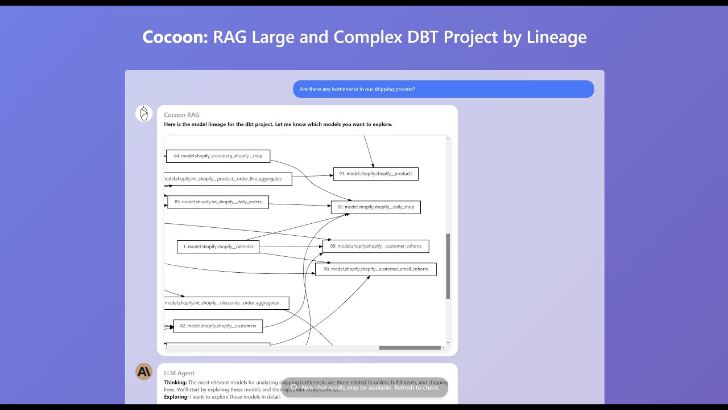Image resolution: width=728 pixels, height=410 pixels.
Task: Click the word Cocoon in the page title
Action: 175,37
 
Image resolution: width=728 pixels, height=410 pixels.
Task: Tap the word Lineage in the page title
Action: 556,37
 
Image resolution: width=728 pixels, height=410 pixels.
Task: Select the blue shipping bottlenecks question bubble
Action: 443,89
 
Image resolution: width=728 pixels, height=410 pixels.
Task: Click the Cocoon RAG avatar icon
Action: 144,114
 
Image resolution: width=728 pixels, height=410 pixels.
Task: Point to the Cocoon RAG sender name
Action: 181,115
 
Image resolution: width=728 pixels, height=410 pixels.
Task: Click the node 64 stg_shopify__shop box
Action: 218,156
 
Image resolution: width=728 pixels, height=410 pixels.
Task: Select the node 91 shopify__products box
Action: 375,174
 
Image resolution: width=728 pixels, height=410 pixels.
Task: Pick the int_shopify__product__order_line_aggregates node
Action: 227,179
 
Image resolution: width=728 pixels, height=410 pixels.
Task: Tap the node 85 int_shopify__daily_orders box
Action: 218,202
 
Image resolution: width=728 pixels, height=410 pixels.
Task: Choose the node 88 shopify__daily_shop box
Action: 375,207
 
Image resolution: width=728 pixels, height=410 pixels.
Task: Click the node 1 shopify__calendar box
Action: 218,247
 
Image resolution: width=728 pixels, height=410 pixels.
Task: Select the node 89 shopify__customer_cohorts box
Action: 375,247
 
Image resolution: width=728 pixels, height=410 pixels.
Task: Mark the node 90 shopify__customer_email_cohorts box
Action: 375,269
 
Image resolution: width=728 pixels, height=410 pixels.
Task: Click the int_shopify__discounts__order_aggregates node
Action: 226,303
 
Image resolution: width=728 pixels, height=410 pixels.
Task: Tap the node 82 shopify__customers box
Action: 218,326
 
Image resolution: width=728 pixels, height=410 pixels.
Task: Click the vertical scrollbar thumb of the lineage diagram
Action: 448,266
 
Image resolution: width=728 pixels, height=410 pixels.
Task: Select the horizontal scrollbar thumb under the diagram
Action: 409,348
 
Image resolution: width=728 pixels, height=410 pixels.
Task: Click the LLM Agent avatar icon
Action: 144,372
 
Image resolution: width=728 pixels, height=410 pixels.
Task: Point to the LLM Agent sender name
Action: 179,374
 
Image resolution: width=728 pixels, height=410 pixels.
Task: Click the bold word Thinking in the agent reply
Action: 175,383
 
